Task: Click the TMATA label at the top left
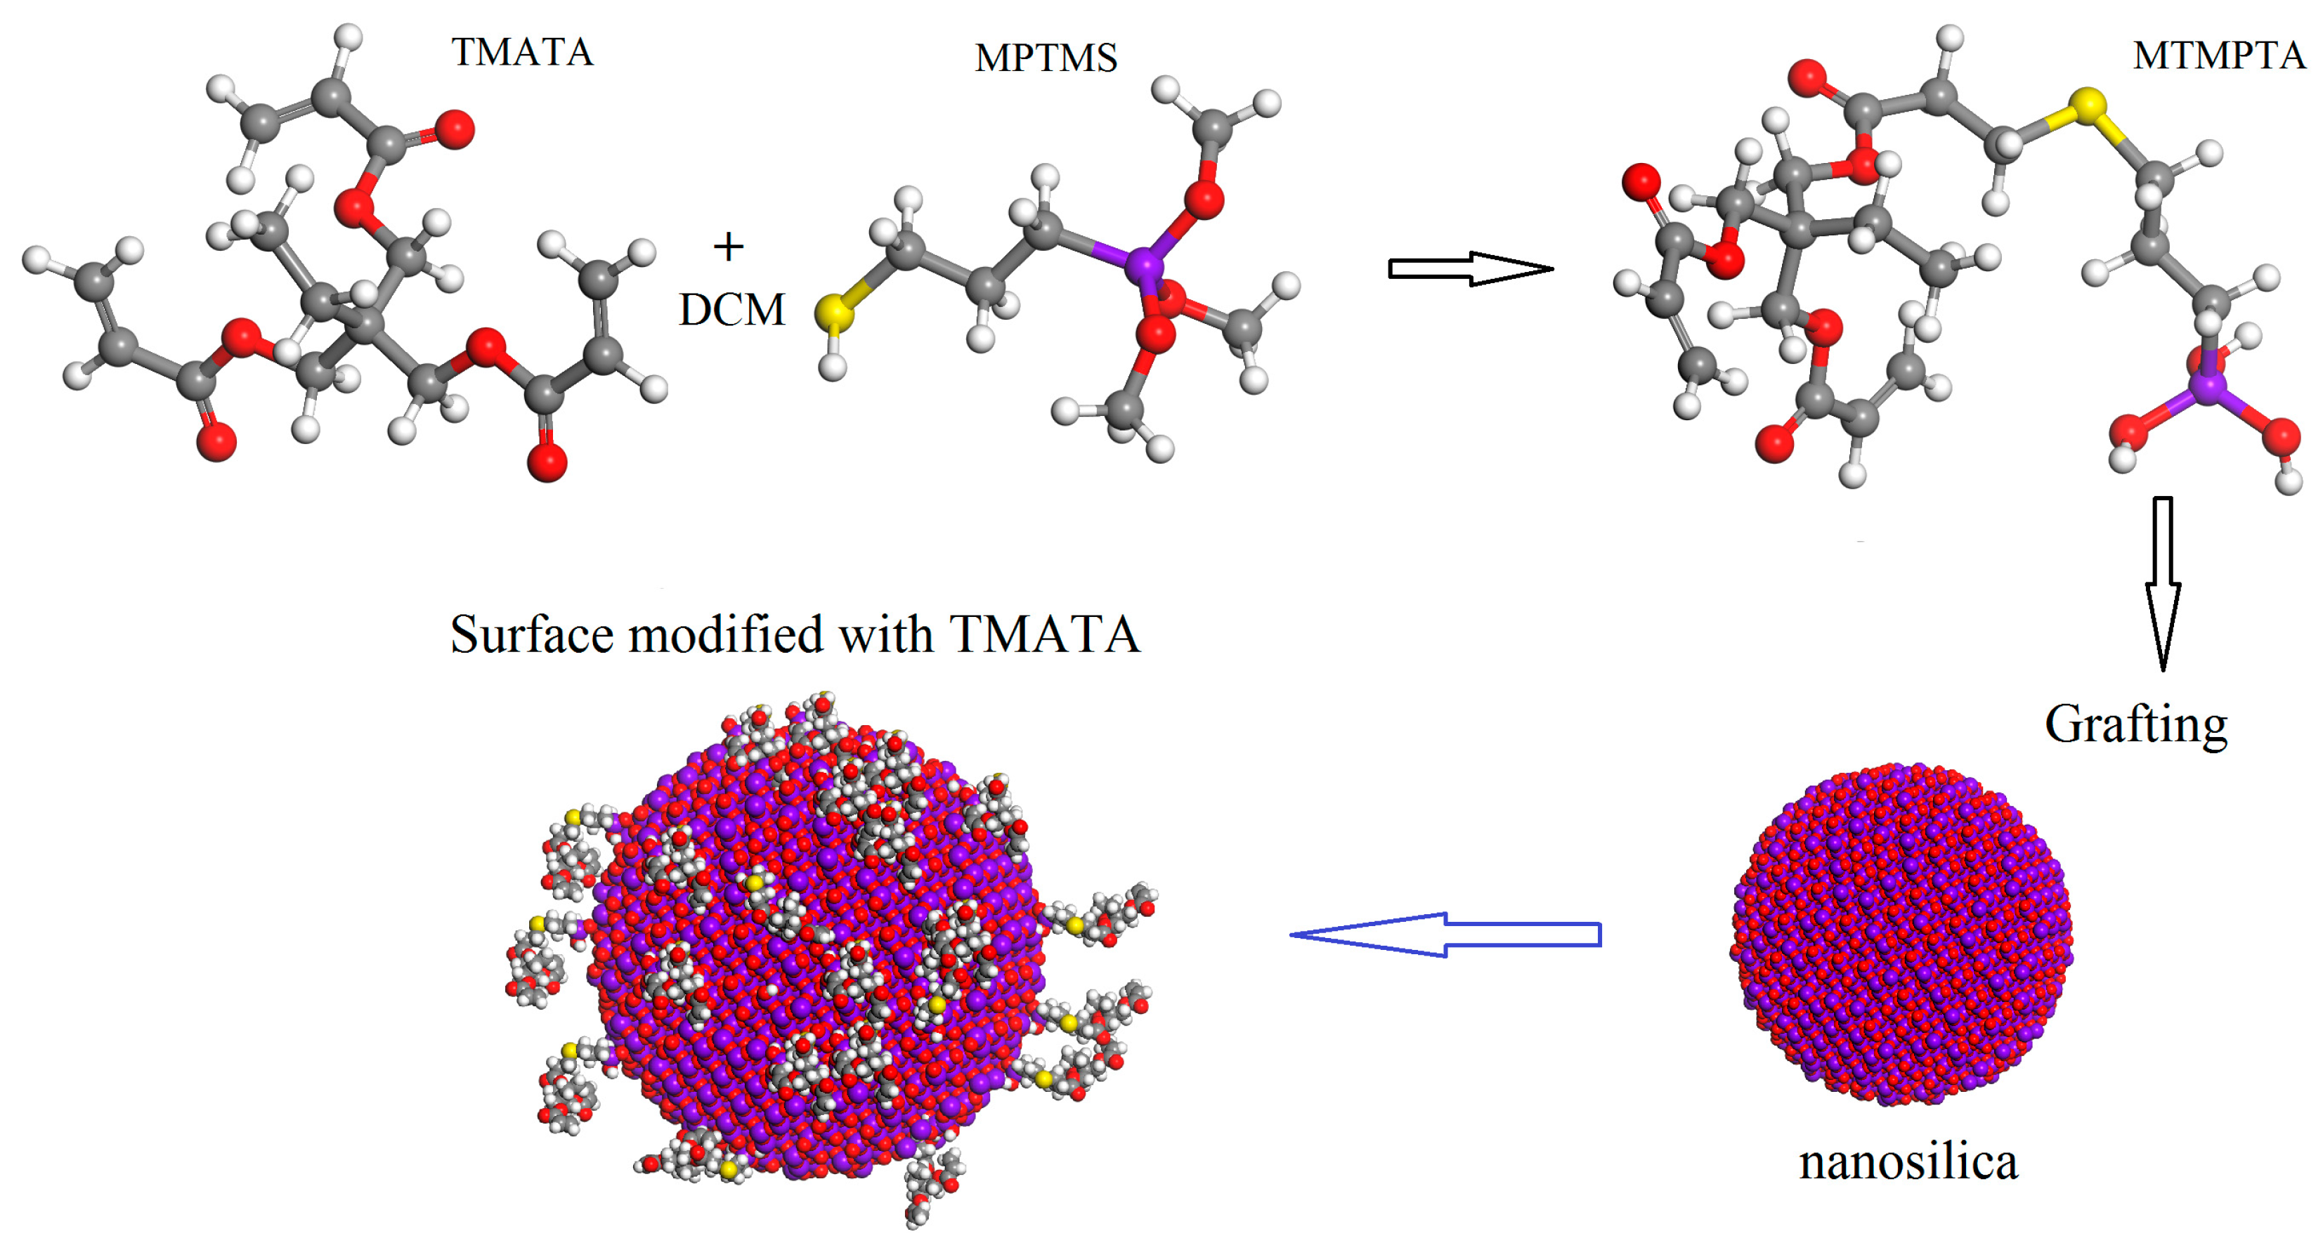click(x=522, y=52)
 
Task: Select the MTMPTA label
click(x=2218, y=56)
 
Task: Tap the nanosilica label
click(x=1907, y=1161)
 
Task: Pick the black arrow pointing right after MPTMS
click(x=1470, y=268)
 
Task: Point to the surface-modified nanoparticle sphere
click(x=816, y=947)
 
